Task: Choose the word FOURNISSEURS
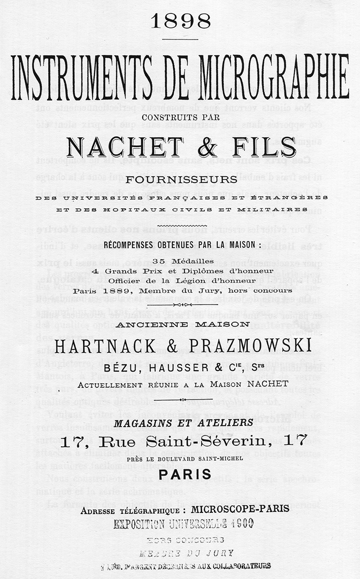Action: (x=181, y=180)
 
